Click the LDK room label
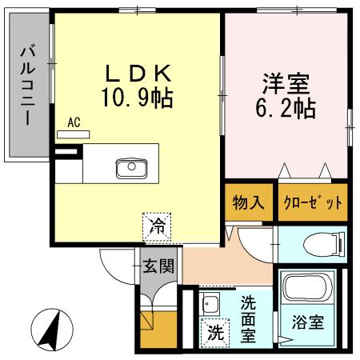138,74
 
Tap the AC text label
74,122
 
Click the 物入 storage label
248,202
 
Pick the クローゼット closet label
313,202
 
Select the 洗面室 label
249,318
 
